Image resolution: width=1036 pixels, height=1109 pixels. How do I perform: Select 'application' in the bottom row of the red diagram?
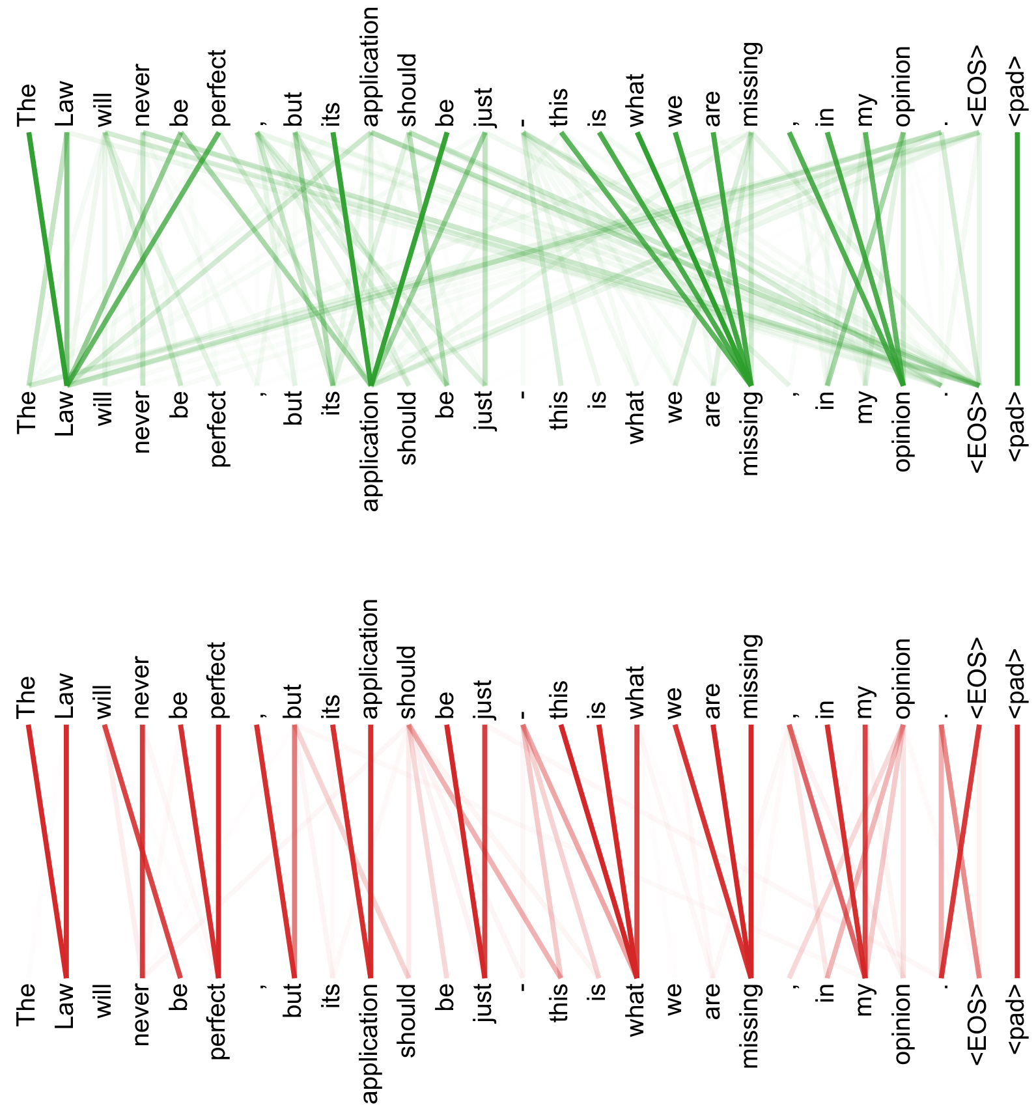pos(371,1043)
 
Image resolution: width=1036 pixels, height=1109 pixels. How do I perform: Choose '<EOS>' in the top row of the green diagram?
pos(978,85)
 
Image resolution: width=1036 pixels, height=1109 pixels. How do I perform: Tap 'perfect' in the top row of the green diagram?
pos(219,87)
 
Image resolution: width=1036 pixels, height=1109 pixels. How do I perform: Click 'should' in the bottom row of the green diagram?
pos(408,427)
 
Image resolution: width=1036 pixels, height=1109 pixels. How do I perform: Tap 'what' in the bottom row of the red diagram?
pos(636,1009)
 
